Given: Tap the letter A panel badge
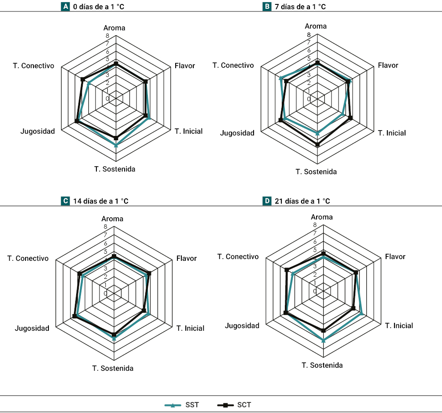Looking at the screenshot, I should (x=66, y=7).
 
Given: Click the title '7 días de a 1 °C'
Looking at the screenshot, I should (x=300, y=7).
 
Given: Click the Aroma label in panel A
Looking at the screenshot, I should (x=114, y=28).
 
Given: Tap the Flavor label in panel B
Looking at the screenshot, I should (x=388, y=65).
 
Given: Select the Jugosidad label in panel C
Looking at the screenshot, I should (x=32, y=328).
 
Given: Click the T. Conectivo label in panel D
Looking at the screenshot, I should (x=238, y=256).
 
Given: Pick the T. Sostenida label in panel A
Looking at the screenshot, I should (x=114, y=169).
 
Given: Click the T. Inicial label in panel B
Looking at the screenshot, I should (x=392, y=133).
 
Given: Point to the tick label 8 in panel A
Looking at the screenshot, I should (x=107, y=35).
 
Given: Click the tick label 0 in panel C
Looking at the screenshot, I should (x=106, y=293).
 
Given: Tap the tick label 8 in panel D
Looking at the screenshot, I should (x=315, y=225).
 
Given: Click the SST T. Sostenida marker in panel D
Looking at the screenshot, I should (x=324, y=340).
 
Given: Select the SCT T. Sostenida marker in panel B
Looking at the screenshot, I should (x=317, y=144).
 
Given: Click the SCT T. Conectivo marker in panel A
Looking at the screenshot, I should (x=82, y=79).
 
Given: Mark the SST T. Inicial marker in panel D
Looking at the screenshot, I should (x=362, y=314).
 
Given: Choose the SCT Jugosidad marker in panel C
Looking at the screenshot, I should (x=74, y=316).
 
